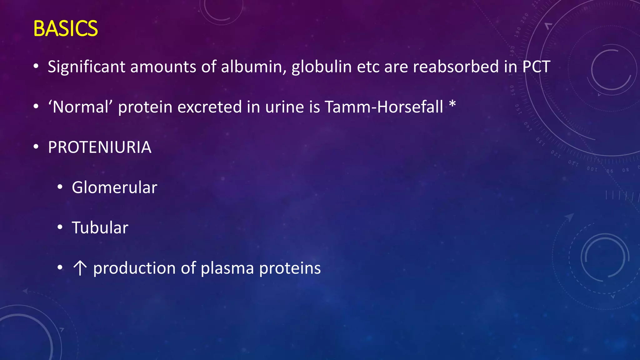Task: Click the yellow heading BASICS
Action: coord(65,28)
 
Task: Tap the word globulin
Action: coord(322,67)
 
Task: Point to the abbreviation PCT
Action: coord(536,67)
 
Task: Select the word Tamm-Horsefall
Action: coord(384,107)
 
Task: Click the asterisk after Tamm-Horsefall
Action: coord(452,105)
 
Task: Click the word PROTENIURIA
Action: coord(100,147)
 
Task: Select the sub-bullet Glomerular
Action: coord(114,187)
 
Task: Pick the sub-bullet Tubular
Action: coord(100,228)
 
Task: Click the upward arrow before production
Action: coord(80,268)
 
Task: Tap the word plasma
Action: coord(227,268)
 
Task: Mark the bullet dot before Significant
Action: coord(36,66)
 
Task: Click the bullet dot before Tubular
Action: coord(60,227)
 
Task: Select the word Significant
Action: coord(86,67)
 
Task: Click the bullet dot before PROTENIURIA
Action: coord(36,147)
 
